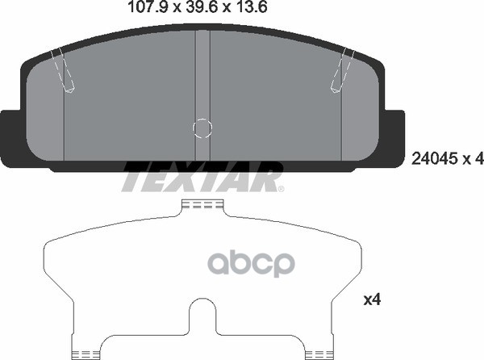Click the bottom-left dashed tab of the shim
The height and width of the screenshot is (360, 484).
pyautogui.click(x=88, y=352)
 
